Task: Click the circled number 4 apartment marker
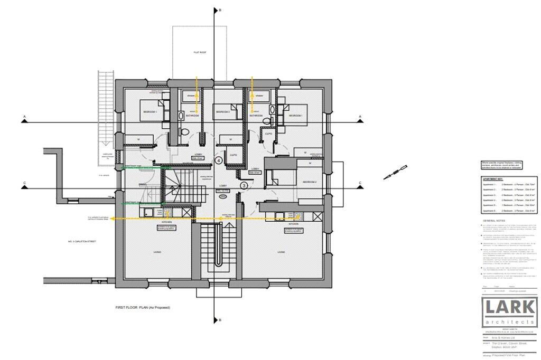point(218,160)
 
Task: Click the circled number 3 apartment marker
point(244,185)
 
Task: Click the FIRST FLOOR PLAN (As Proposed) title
point(143,307)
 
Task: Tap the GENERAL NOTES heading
point(492,220)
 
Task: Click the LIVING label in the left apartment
point(157,252)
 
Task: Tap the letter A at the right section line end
point(360,116)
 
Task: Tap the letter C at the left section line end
point(25,184)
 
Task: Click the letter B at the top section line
point(219,10)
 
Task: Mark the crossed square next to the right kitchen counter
point(317,216)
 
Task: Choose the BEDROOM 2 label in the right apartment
point(310,182)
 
